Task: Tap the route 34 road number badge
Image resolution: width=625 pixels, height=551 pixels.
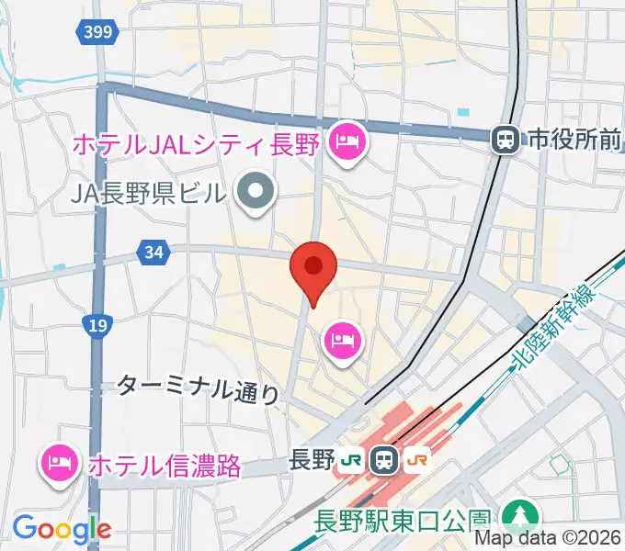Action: coord(154,250)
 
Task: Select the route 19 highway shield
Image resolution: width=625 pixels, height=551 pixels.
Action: coord(96,324)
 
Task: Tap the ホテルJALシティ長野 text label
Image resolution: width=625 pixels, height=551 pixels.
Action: coord(194,143)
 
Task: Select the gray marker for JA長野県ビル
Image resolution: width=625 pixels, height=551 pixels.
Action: coord(256,192)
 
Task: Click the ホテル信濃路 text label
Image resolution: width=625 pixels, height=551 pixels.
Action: coord(165,465)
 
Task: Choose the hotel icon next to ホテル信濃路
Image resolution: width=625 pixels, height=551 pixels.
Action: coord(59,462)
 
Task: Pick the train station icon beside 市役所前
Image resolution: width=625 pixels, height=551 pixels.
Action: coord(504,140)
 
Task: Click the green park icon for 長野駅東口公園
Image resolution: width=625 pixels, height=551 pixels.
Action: coord(520,514)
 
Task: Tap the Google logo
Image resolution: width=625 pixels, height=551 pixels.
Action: coord(62,529)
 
